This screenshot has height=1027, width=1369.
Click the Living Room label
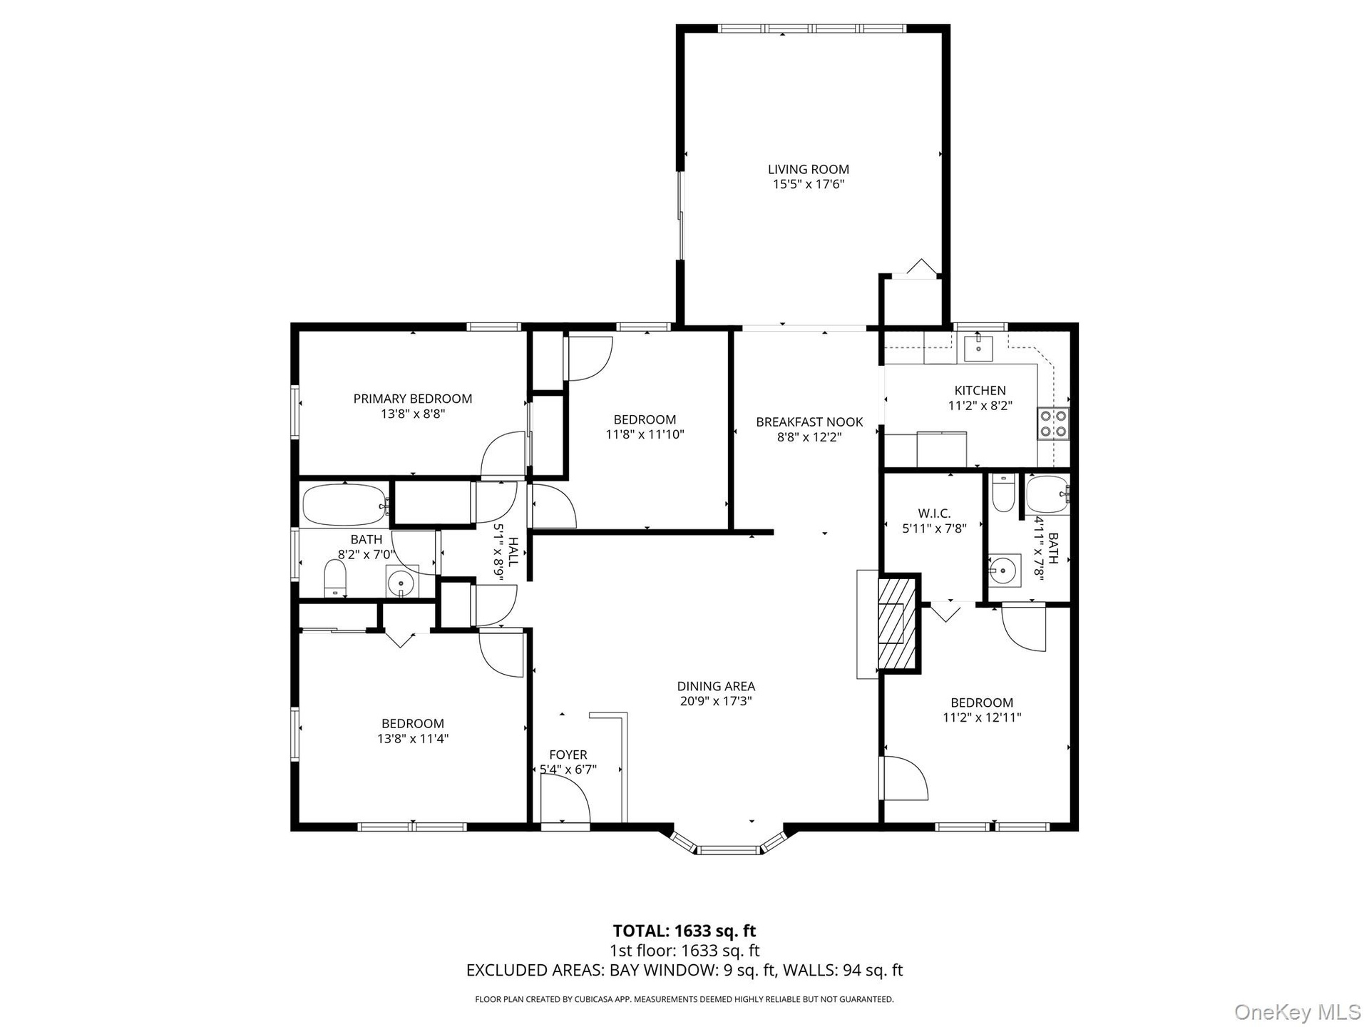[x=808, y=170]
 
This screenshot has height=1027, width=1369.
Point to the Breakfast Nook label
[x=809, y=422]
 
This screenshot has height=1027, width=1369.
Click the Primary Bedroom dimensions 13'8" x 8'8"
[x=413, y=414]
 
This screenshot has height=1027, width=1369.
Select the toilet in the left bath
[x=334, y=578]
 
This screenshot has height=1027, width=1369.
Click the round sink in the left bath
[x=401, y=581]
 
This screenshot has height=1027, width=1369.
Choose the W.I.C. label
[x=934, y=513]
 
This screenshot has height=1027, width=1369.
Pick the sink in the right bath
[x=1005, y=570]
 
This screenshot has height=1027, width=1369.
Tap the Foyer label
[x=568, y=755]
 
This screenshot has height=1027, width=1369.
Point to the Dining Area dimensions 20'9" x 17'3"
[x=716, y=701]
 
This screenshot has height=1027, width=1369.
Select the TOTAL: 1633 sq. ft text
[x=684, y=931]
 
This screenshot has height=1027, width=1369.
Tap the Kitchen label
[x=980, y=390]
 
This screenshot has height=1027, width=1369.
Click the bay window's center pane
[x=729, y=849]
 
